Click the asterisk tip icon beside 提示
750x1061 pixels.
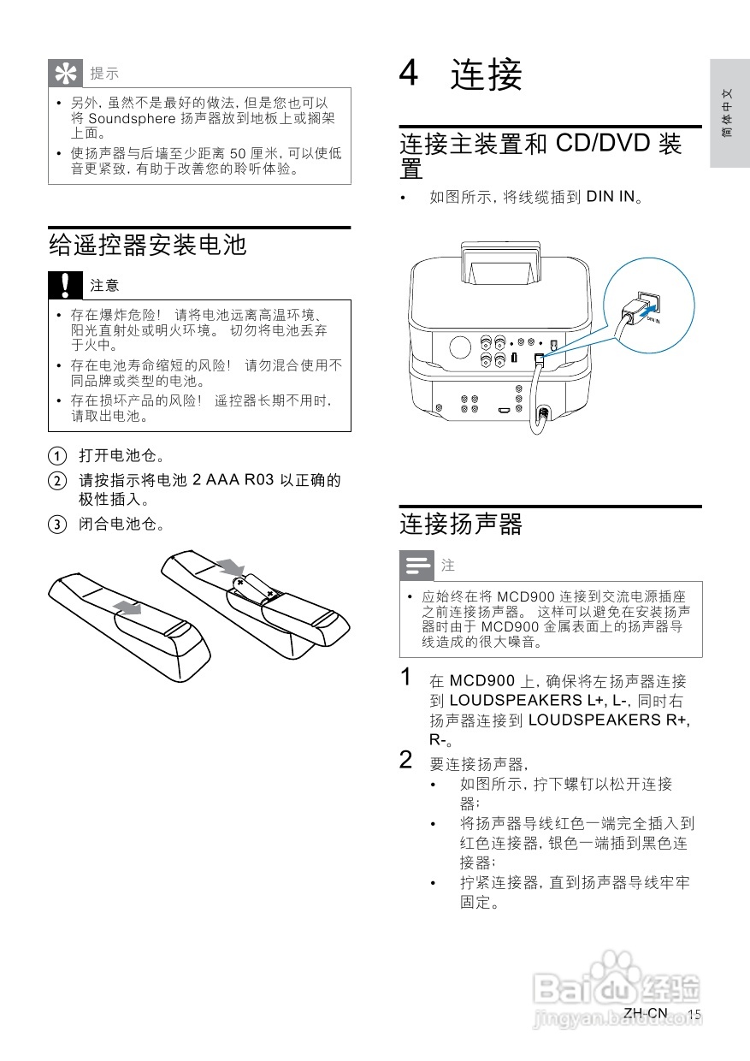tap(64, 74)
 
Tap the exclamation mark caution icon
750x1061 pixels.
tap(64, 283)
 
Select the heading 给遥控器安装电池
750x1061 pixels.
tap(148, 246)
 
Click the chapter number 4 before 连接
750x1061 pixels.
tap(409, 74)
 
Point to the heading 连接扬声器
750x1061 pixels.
tap(461, 524)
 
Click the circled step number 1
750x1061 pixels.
tap(56, 454)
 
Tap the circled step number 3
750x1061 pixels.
tap(56, 524)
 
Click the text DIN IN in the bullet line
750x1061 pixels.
tap(611, 197)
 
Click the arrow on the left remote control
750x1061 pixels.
tap(127, 607)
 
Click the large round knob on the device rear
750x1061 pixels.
tap(459, 347)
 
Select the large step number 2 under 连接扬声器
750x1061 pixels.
tap(408, 759)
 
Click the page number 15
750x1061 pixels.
tap(694, 1013)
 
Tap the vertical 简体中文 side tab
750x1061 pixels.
tap(726, 113)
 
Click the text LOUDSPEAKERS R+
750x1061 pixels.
tap(609, 720)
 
